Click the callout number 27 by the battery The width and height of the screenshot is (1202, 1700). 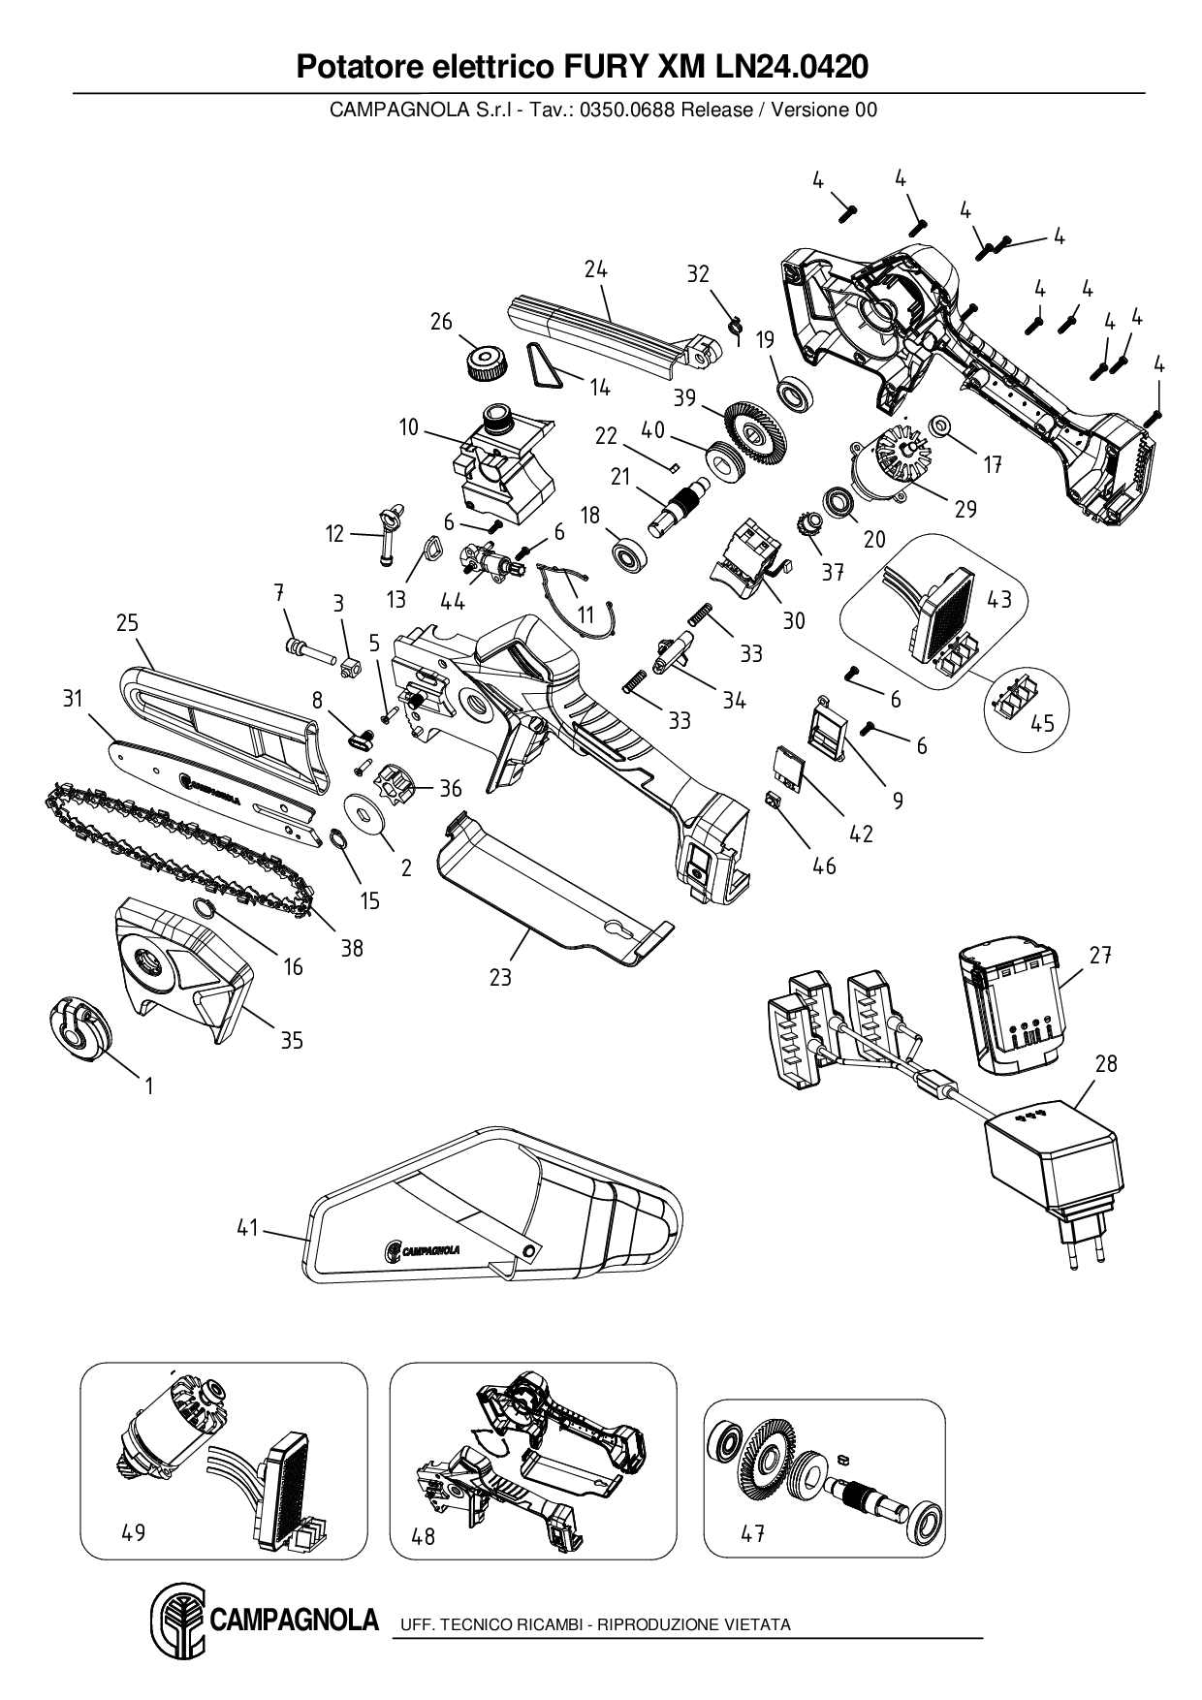point(1099,955)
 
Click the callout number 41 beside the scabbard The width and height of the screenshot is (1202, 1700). point(248,1227)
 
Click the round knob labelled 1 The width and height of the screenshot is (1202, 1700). point(78,1028)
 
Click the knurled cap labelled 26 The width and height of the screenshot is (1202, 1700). point(482,362)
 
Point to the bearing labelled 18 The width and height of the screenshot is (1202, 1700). point(629,553)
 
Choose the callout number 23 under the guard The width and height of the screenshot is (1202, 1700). point(499,978)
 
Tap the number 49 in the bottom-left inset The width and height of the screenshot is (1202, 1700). point(134,1532)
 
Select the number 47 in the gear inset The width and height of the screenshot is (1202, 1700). point(752,1534)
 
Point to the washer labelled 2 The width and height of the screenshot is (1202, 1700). point(367,813)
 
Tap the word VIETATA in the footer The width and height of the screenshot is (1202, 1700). point(757,1624)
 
